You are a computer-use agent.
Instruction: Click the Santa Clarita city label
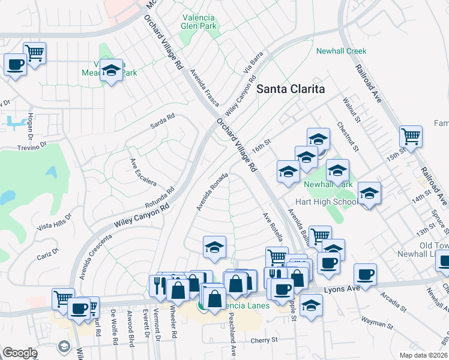(x=291, y=89)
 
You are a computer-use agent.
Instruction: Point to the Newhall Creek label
(x=341, y=52)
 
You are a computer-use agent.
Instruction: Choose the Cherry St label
(x=264, y=340)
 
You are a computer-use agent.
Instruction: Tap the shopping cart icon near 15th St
(x=411, y=137)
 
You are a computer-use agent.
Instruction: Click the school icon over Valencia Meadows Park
(x=111, y=70)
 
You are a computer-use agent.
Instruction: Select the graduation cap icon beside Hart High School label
(x=369, y=193)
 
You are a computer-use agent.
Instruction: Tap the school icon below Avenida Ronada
(x=214, y=247)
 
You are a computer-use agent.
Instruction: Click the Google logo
(x=19, y=353)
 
